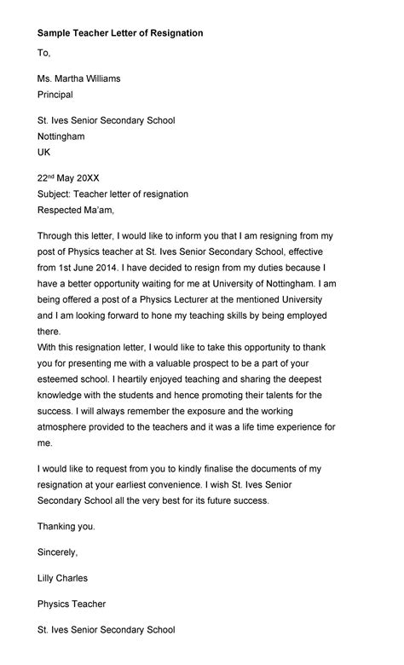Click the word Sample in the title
(55, 33)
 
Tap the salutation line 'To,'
(44, 54)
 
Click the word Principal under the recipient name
(55, 95)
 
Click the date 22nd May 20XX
(68, 178)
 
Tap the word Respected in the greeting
(62, 210)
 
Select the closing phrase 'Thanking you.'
(66, 527)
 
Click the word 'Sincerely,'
(58, 552)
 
